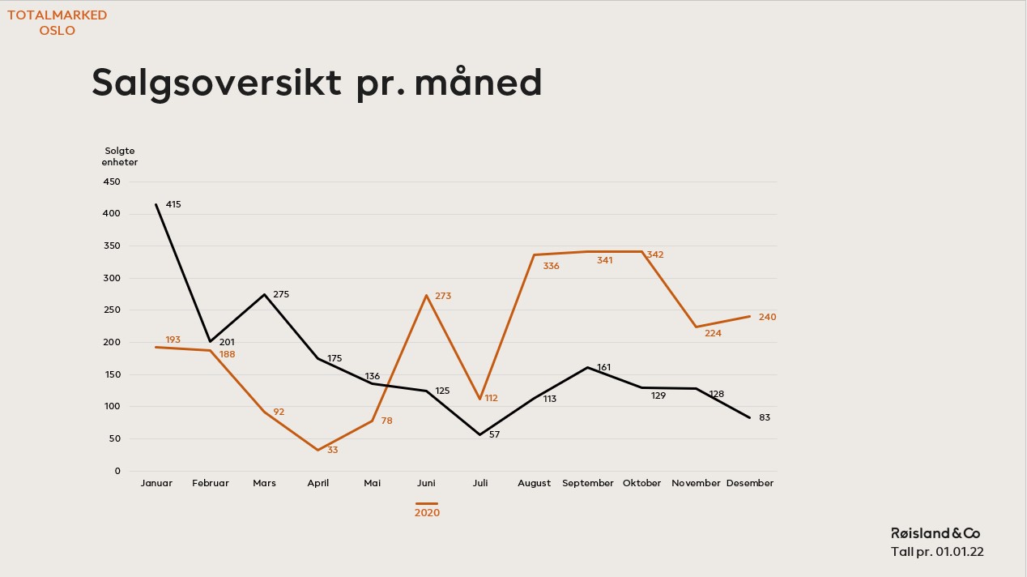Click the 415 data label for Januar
coord(173,204)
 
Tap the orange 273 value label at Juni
coord(443,297)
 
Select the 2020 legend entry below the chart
coord(427,510)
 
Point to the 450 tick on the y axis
coord(112,182)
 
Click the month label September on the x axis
coord(588,484)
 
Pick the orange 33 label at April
coord(332,451)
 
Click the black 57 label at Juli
coord(494,435)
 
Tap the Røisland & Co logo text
coord(935,533)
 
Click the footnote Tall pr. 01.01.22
coord(937,552)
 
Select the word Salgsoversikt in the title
coord(216,83)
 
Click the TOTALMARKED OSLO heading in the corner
coord(58,23)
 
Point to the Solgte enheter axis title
coord(120,156)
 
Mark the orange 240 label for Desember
coord(768,318)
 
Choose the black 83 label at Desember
coord(765,418)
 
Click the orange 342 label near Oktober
coord(655,255)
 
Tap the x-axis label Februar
coord(211,484)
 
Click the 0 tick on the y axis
coord(117,471)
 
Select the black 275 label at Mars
coord(281,294)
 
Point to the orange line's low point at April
coord(318,450)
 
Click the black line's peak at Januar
coord(156,204)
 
